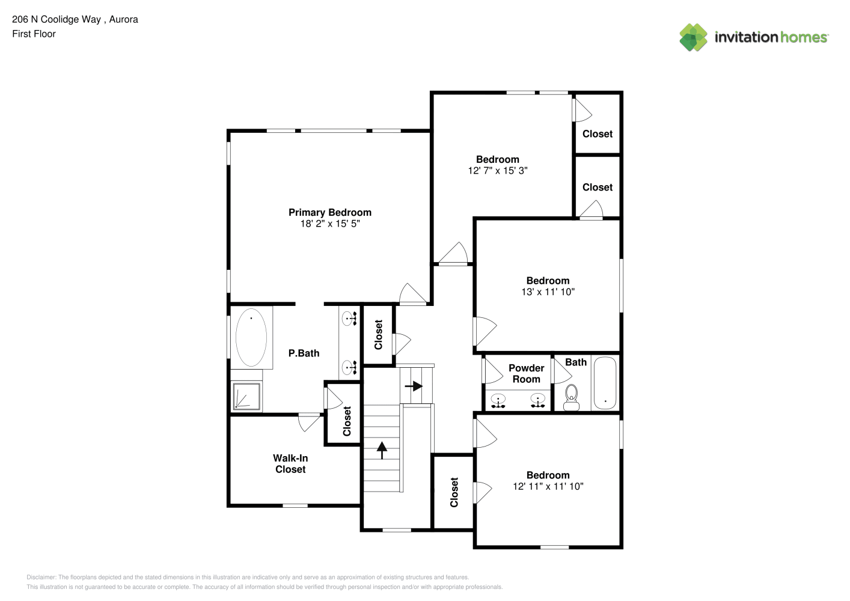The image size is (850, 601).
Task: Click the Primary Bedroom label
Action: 330,213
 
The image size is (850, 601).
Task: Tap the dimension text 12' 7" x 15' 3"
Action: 498,171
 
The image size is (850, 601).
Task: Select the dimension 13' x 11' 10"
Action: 548,291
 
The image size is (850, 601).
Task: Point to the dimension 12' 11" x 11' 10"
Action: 548,486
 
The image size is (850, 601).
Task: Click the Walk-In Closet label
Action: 290,463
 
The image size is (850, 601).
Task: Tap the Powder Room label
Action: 527,373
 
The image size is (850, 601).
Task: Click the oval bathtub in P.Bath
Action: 251,337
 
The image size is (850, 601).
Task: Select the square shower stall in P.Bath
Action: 246,397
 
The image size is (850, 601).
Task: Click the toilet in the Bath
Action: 571,398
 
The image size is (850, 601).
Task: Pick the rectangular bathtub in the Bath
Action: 605,383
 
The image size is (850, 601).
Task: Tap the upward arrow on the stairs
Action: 382,450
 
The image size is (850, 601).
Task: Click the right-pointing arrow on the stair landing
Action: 414,386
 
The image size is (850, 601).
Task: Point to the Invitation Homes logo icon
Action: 693,37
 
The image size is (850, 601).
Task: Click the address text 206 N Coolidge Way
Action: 57,19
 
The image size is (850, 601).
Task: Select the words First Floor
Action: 34,34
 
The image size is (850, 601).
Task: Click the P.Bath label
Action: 304,353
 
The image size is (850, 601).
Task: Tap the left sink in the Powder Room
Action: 498,401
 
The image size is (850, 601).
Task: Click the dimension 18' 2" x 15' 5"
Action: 330,224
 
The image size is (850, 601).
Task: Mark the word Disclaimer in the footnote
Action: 41,577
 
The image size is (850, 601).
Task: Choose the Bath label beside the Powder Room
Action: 576,362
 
